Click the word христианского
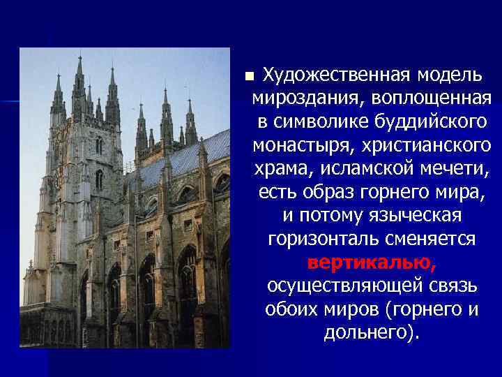[x=429, y=146]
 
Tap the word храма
[x=279, y=170]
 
